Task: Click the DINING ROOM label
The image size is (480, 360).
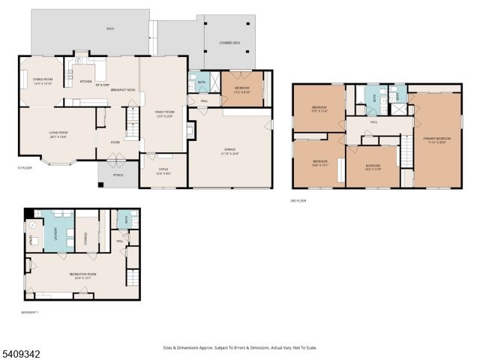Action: point(42,79)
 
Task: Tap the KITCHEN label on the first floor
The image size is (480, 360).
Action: point(86,81)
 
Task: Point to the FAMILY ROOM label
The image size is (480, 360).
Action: point(164,112)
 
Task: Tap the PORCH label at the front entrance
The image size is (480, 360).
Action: point(118,175)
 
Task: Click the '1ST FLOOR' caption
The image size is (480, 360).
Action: point(25,168)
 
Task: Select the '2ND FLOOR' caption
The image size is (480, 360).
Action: point(298,200)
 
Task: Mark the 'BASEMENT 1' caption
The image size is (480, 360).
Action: point(31,311)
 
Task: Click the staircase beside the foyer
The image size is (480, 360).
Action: point(133,123)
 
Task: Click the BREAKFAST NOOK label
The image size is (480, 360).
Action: point(121,89)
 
